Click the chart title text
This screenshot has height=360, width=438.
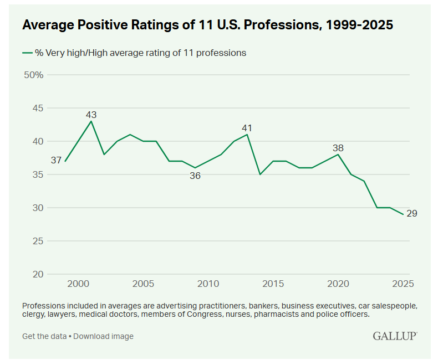click(x=207, y=25)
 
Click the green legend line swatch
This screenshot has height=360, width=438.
click(x=28, y=53)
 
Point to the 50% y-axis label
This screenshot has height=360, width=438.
click(x=34, y=75)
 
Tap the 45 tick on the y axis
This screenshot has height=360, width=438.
click(x=37, y=108)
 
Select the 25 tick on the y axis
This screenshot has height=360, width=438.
click(x=37, y=241)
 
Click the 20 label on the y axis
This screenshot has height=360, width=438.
click(x=37, y=274)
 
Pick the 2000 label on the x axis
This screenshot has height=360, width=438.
click(x=78, y=284)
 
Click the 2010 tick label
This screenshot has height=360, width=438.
click(x=208, y=284)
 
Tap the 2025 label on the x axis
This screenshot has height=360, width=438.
click(x=403, y=284)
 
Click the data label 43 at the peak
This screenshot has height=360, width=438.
click(x=91, y=115)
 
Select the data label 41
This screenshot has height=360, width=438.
click(x=247, y=128)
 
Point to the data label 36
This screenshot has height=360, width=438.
click(x=195, y=176)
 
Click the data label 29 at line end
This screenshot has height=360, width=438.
click(x=412, y=213)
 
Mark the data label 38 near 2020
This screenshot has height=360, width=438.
click(x=338, y=148)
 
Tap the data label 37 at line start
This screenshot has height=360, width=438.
click(x=56, y=161)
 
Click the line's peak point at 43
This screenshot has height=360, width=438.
click(x=91, y=121)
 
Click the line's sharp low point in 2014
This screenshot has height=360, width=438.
click(x=260, y=174)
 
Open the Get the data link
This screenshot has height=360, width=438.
click(x=44, y=336)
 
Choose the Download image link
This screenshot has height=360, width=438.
click(x=103, y=336)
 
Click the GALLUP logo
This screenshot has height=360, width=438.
click(x=395, y=336)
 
